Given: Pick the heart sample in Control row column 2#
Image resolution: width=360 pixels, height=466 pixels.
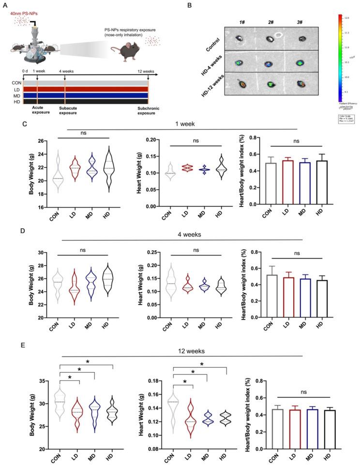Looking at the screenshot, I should tap(269, 37).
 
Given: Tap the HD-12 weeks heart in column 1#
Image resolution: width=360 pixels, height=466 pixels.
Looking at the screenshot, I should tap(240, 84).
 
